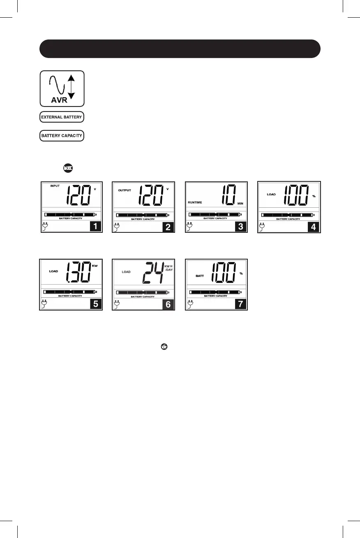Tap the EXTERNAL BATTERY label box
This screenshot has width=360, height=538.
(62, 117)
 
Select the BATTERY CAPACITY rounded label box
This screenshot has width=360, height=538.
(62, 136)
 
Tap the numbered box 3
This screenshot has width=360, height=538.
(241, 226)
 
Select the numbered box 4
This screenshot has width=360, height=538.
(313, 226)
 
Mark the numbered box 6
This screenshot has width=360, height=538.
(168, 304)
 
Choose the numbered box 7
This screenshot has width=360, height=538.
(241, 304)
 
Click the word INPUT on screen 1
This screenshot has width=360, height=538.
(55, 186)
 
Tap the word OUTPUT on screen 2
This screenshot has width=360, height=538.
(125, 190)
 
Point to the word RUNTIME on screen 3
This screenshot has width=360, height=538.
(195, 202)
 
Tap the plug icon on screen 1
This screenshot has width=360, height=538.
(45, 226)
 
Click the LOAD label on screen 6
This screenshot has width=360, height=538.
(126, 272)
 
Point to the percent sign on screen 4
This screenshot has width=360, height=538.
(314, 196)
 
